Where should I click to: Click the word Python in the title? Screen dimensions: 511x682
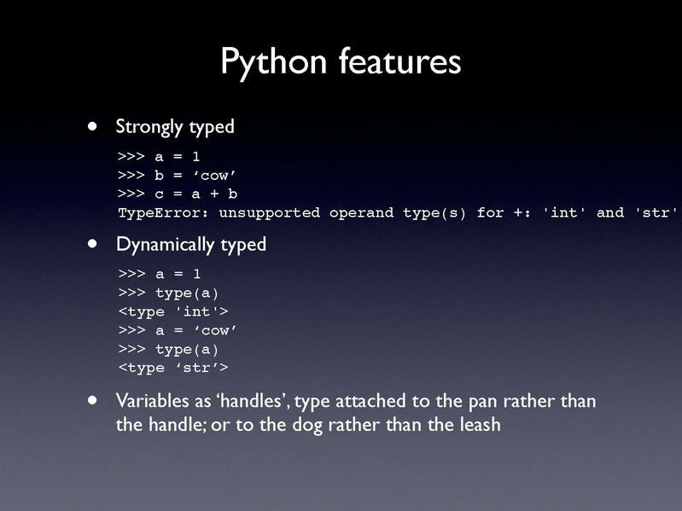click(x=274, y=62)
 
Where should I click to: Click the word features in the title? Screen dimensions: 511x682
click(x=399, y=61)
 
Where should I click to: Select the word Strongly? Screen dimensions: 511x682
click(x=149, y=127)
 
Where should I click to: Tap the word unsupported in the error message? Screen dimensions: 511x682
click(x=270, y=212)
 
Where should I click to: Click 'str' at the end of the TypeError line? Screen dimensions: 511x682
click(x=656, y=212)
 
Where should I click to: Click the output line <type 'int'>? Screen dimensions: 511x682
click(x=173, y=311)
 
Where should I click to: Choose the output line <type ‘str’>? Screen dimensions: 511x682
click(x=173, y=369)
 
